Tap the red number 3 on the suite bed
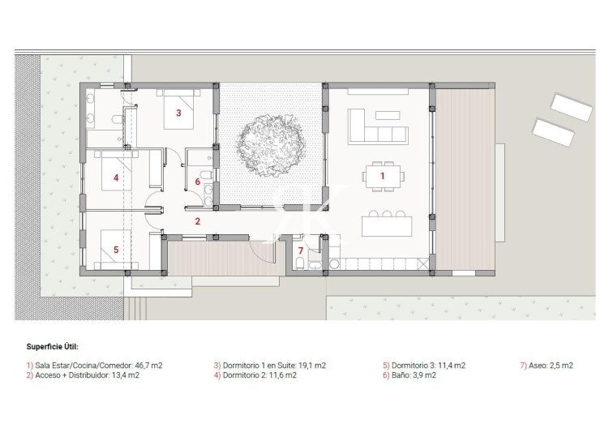click(178, 113)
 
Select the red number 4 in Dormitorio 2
click(116, 177)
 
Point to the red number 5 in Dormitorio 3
click(116, 250)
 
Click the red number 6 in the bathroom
click(197, 182)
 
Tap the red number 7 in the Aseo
click(300, 250)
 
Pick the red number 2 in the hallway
click(197, 220)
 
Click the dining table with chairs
click(383, 175)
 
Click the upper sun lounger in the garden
click(572, 107)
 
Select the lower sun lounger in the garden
click(555, 132)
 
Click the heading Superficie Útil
click(53, 346)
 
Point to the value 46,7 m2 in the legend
click(147, 366)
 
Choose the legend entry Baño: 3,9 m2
click(418, 375)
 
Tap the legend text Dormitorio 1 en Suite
click(258, 366)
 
